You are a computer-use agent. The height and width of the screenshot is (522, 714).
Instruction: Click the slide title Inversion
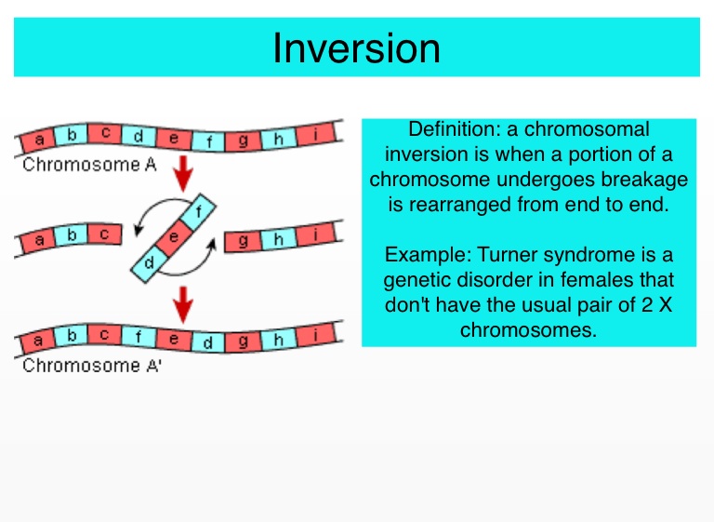coord(356,47)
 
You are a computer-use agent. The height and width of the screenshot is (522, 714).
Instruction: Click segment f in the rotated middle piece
coord(197,209)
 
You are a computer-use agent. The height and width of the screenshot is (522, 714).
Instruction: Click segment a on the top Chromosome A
coord(39,141)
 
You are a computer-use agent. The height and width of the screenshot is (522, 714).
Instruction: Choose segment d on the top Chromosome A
coord(139,136)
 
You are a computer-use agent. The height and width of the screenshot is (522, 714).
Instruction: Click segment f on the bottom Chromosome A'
coord(139,335)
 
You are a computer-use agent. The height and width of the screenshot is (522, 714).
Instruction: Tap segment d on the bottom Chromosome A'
coord(208,343)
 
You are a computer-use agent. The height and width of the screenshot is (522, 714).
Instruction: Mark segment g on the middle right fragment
coord(245,241)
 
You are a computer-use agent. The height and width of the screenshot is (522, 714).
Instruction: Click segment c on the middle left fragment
coord(104,235)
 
